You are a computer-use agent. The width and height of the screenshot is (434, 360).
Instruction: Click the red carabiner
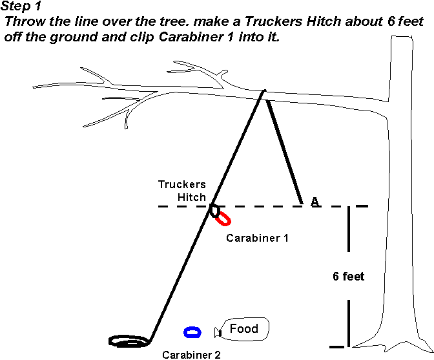coord(223,218)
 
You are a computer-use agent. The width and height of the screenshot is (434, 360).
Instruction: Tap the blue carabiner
coord(192,332)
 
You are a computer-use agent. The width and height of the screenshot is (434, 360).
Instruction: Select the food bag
coord(243,329)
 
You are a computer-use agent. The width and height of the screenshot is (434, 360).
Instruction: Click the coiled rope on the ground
coord(129,340)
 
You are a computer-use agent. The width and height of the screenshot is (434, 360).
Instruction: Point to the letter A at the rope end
coord(315,202)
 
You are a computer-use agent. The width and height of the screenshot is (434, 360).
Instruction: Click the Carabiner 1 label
coord(257,238)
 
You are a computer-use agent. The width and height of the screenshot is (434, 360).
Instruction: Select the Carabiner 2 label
coord(191,354)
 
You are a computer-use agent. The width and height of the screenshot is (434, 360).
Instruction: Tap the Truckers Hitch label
coord(182,191)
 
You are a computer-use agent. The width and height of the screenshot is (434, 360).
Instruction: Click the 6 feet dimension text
coord(349,277)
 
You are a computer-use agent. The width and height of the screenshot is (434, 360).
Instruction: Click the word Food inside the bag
coord(243,328)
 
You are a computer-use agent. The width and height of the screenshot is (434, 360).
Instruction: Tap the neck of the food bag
coord(218,332)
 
